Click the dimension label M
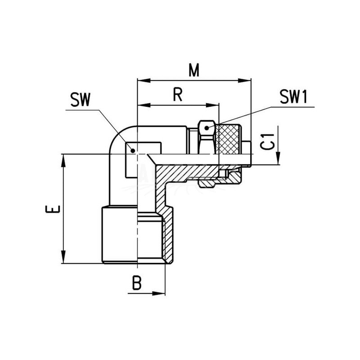tap(194, 70)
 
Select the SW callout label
tap(81, 100)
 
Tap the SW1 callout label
tap(293, 97)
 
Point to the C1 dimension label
tap(268, 141)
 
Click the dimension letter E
tap(53, 209)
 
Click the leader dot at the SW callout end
tap(133, 151)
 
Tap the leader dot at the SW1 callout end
tap(207, 128)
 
